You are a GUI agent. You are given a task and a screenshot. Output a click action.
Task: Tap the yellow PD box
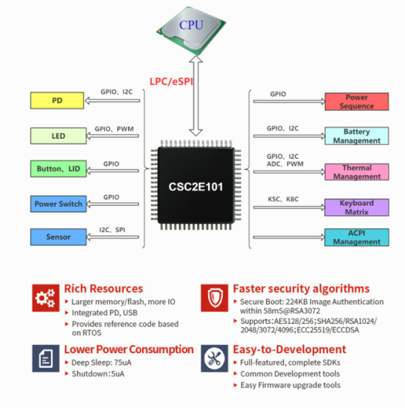(57, 101)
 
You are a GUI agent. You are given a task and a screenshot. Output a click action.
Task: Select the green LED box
(57, 136)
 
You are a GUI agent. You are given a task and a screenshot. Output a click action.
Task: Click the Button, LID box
(57, 169)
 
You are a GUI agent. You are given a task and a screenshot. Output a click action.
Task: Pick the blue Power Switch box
(57, 204)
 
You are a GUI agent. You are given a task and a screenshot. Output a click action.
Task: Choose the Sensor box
(57, 237)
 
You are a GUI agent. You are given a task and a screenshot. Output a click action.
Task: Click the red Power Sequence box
(356, 101)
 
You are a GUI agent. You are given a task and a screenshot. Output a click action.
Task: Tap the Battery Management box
(356, 136)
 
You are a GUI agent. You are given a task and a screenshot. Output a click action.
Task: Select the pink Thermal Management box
(356, 172)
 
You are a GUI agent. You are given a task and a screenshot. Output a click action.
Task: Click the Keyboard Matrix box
(356, 207)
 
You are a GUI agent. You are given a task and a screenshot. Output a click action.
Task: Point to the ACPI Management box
(356, 237)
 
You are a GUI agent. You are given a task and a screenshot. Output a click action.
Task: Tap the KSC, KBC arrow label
(282, 199)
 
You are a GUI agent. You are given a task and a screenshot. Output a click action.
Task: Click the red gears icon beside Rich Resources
(45, 299)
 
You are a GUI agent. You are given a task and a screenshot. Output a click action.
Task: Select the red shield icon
(214, 299)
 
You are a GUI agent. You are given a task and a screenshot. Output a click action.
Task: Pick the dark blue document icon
(45, 357)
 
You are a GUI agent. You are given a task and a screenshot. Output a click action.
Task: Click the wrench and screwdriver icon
(214, 357)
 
